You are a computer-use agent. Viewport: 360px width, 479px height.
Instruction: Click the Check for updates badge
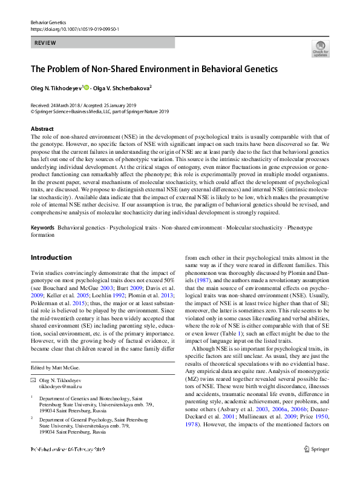pyautogui.click(x=320, y=48)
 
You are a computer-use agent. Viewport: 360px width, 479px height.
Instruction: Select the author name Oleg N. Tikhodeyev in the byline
pyautogui.click(x=56, y=88)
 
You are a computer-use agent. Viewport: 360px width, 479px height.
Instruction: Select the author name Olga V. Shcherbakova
pyautogui.click(x=123, y=88)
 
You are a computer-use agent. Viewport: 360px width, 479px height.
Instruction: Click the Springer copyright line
pyautogui.click(x=100, y=112)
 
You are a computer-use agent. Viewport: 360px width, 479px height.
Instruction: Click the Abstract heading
pyautogui.click(x=42, y=130)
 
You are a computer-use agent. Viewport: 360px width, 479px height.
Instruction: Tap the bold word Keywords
pyautogui.click(x=42, y=228)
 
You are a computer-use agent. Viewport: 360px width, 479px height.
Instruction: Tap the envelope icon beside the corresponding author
pyautogui.click(x=33, y=380)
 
